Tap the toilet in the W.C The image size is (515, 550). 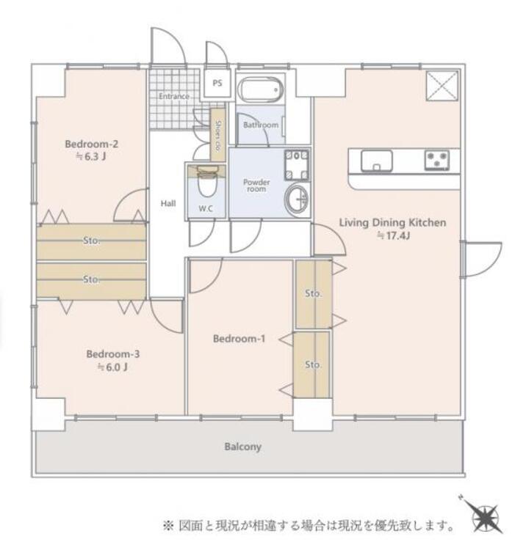(x=207, y=181)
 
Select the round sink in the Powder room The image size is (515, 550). (x=298, y=199)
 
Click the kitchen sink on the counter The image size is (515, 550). (x=376, y=161)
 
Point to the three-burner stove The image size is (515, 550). (x=437, y=161)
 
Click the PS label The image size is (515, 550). (x=217, y=83)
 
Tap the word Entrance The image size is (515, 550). (x=174, y=96)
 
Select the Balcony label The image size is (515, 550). (x=242, y=447)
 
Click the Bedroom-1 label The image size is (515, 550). (x=239, y=339)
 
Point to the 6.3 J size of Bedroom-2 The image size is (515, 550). (x=91, y=156)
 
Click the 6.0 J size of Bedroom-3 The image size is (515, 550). (x=112, y=367)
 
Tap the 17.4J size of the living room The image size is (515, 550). (x=394, y=235)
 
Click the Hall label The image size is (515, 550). (x=168, y=203)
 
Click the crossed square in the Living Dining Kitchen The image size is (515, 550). (x=442, y=86)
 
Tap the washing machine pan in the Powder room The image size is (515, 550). (x=298, y=165)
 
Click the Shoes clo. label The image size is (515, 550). (x=218, y=135)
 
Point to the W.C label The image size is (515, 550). (x=206, y=209)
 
